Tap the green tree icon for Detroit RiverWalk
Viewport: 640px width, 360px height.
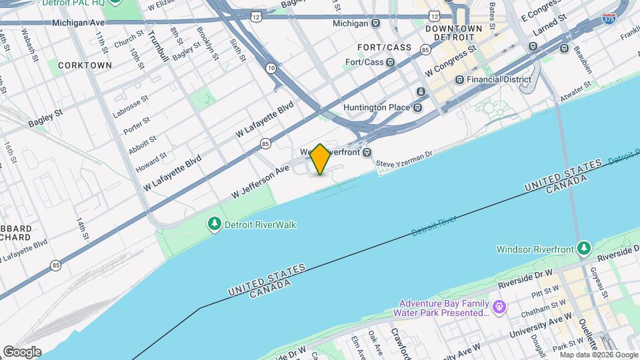point(215,225)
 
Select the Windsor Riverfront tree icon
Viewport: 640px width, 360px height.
point(584,249)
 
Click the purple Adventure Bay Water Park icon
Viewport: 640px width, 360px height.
point(499,307)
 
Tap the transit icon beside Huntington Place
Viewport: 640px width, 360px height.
point(417,107)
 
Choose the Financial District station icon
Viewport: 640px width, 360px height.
point(459,79)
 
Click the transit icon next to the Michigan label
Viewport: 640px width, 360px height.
point(376,23)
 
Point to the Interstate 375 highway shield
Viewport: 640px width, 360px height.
point(608,19)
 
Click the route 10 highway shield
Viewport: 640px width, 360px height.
point(271,68)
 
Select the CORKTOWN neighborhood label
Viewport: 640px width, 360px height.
point(85,65)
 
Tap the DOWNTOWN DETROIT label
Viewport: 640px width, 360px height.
point(453,33)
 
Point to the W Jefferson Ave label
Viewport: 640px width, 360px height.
point(261,181)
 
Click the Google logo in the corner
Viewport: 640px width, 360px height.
point(22,351)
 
